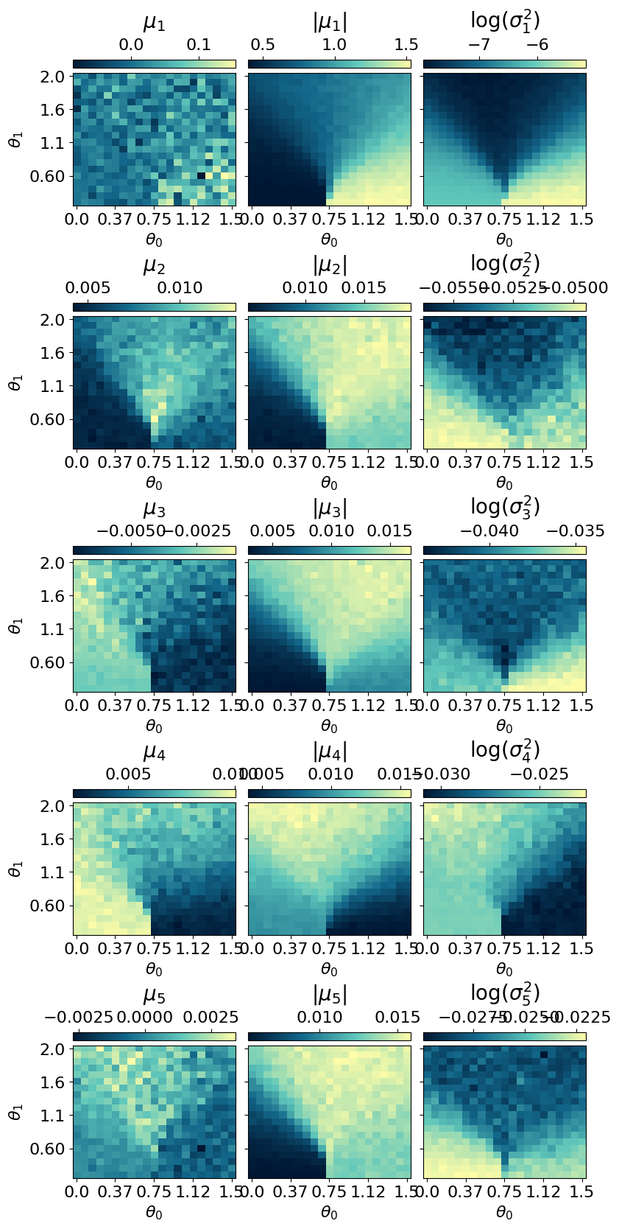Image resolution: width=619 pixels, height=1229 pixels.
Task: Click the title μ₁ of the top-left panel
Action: [154, 23]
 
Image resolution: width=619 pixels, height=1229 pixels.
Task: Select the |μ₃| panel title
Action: [330, 508]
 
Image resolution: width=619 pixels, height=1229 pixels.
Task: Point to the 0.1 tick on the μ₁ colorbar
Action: [199, 44]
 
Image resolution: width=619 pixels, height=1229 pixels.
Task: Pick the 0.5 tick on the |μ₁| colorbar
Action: [263, 44]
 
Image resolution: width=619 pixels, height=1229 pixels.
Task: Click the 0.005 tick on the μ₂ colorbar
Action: [88, 287]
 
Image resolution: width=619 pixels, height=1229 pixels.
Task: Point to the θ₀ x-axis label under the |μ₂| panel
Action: [329, 483]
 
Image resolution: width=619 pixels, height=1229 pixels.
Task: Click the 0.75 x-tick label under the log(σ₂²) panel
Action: [504, 462]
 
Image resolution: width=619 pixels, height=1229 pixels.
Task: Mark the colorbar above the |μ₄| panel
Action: [329, 793]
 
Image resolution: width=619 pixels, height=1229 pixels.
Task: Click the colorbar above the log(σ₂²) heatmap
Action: [504, 307]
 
